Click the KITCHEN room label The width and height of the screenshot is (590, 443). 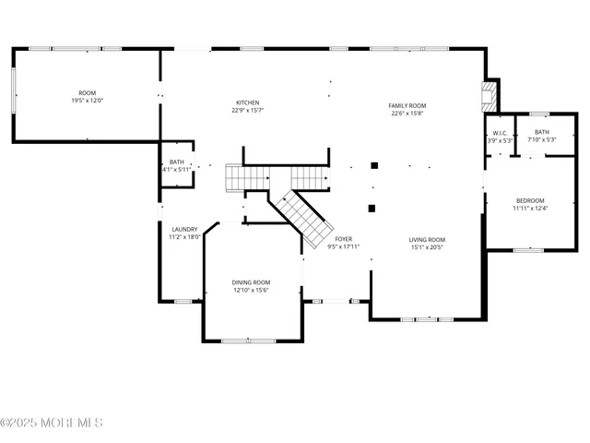(x=247, y=102)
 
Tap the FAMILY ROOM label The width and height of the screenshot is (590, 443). (x=407, y=105)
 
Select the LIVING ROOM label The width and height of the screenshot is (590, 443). (x=427, y=240)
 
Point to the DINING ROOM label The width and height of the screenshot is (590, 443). (x=251, y=282)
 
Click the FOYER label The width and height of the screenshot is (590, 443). (x=344, y=240)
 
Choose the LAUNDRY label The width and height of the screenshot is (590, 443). (x=184, y=230)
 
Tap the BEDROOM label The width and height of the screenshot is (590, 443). (x=530, y=201)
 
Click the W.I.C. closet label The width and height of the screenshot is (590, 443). (x=501, y=133)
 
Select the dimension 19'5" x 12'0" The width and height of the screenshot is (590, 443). (x=88, y=101)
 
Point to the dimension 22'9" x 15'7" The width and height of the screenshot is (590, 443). (x=247, y=111)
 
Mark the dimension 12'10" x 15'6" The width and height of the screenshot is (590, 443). (x=251, y=291)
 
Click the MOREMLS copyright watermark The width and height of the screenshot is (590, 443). (x=52, y=423)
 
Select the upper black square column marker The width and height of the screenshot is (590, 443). (x=374, y=166)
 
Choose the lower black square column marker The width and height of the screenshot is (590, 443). (x=372, y=209)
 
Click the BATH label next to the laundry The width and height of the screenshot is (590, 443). (x=175, y=162)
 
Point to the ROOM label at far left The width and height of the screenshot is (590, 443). (x=88, y=93)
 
